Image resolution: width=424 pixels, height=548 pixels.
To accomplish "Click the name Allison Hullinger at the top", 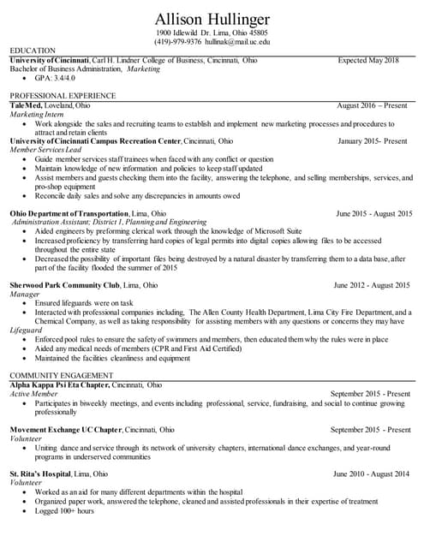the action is click(x=212, y=19).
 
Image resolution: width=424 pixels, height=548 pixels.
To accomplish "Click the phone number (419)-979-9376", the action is click(x=178, y=41).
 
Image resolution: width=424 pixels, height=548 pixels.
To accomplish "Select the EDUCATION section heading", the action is click(x=33, y=51).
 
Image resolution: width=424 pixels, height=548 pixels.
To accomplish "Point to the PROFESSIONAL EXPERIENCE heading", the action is click(x=63, y=95).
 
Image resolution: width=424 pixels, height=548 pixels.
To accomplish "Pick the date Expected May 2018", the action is click(x=368, y=61).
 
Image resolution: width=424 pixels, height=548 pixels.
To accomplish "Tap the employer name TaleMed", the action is click(x=28, y=104).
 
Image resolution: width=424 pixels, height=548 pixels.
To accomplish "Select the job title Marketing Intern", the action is click(x=37, y=114).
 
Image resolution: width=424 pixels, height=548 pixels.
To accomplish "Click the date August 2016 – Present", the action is click(x=372, y=104).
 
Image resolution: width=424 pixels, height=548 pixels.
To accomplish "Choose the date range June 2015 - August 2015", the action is click(x=373, y=212).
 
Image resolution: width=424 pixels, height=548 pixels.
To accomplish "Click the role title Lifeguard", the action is click(x=25, y=330).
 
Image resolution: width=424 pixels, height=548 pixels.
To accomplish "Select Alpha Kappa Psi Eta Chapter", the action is click(x=58, y=384).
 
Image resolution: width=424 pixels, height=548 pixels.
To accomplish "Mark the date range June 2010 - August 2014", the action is click(x=372, y=474).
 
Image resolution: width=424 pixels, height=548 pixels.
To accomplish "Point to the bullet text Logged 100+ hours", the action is click(x=64, y=510).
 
